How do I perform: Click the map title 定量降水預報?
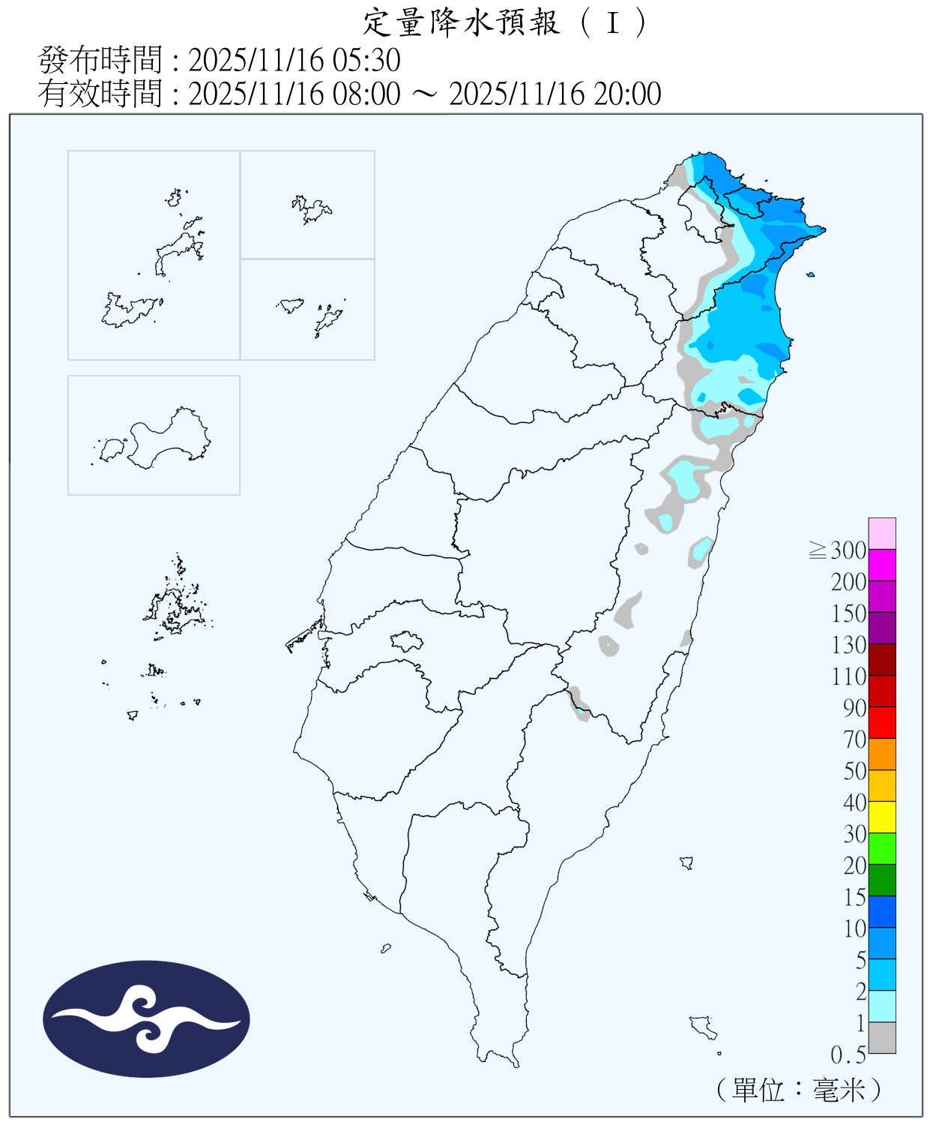tap(461, 22)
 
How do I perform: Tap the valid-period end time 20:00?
tap(627, 94)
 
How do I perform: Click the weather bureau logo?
tap(146, 1018)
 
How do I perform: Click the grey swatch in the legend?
tap(882, 1037)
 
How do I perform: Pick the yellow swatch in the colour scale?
tap(882, 817)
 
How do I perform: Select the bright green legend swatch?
tap(882, 848)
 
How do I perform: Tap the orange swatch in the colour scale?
tap(882, 754)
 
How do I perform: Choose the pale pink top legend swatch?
tap(882, 533)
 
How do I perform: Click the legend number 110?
tap(848, 676)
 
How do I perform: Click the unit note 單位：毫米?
tap(798, 1089)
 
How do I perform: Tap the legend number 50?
tap(854, 771)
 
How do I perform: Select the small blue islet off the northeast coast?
tap(810, 275)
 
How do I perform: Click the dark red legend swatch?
tap(882, 659)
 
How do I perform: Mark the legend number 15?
tap(854, 897)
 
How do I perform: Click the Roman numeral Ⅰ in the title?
tap(613, 23)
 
